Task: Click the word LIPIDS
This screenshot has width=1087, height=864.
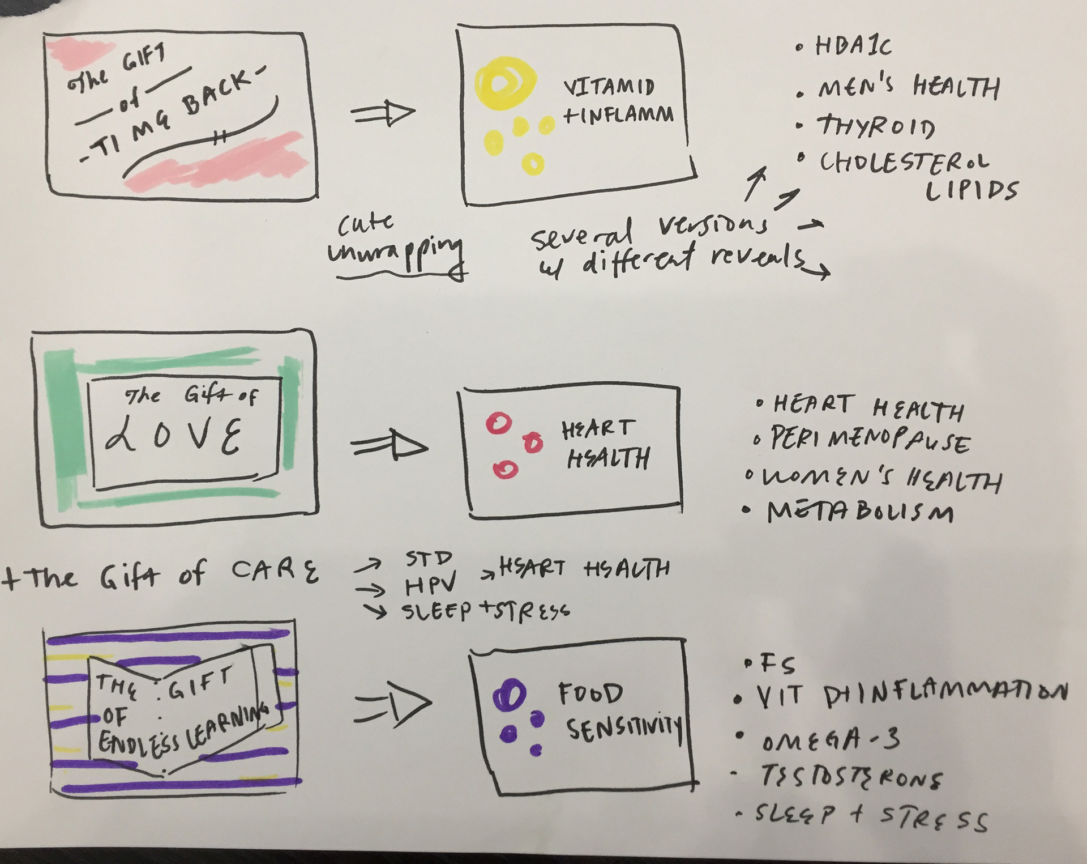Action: (971, 191)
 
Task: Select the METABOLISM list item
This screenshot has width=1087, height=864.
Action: (860, 512)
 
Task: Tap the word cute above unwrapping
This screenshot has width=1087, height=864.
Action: (366, 224)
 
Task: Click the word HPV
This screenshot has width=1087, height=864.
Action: (430, 587)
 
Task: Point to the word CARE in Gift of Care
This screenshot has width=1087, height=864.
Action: (276, 572)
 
